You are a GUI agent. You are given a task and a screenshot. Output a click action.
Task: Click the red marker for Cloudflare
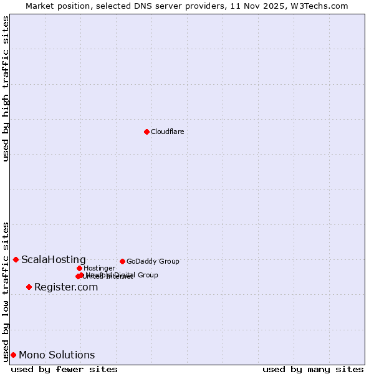coord(146,132)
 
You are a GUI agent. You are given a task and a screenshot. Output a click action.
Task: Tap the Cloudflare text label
coord(167,132)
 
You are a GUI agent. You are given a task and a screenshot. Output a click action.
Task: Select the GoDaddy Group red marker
coord(122,261)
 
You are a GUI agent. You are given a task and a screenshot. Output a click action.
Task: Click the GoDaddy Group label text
coord(153,261)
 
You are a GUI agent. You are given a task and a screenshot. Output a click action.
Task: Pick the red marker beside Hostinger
coord(79,268)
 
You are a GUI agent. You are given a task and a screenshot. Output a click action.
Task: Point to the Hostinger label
coord(99,268)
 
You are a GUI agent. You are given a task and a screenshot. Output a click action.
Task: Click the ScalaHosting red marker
coord(16,259)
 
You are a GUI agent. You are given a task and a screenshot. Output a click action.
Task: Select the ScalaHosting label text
coord(54,259)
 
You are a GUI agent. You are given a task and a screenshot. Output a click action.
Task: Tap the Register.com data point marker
coord(29,287)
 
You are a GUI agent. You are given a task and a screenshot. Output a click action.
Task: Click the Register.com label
coord(66,287)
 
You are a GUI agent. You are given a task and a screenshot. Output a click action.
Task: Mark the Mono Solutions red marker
coord(13,355)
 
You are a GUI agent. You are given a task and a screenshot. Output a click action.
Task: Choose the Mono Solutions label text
coord(57,355)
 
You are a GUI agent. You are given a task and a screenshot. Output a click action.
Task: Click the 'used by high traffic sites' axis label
coord(6,89)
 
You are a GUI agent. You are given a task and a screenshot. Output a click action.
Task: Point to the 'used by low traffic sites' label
coord(6,291)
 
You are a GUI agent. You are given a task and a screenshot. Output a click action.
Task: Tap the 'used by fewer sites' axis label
coord(64,369)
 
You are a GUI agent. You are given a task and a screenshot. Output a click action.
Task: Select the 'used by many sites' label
coord(313,369)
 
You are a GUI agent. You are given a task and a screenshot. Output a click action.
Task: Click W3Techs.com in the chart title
coord(321,6)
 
